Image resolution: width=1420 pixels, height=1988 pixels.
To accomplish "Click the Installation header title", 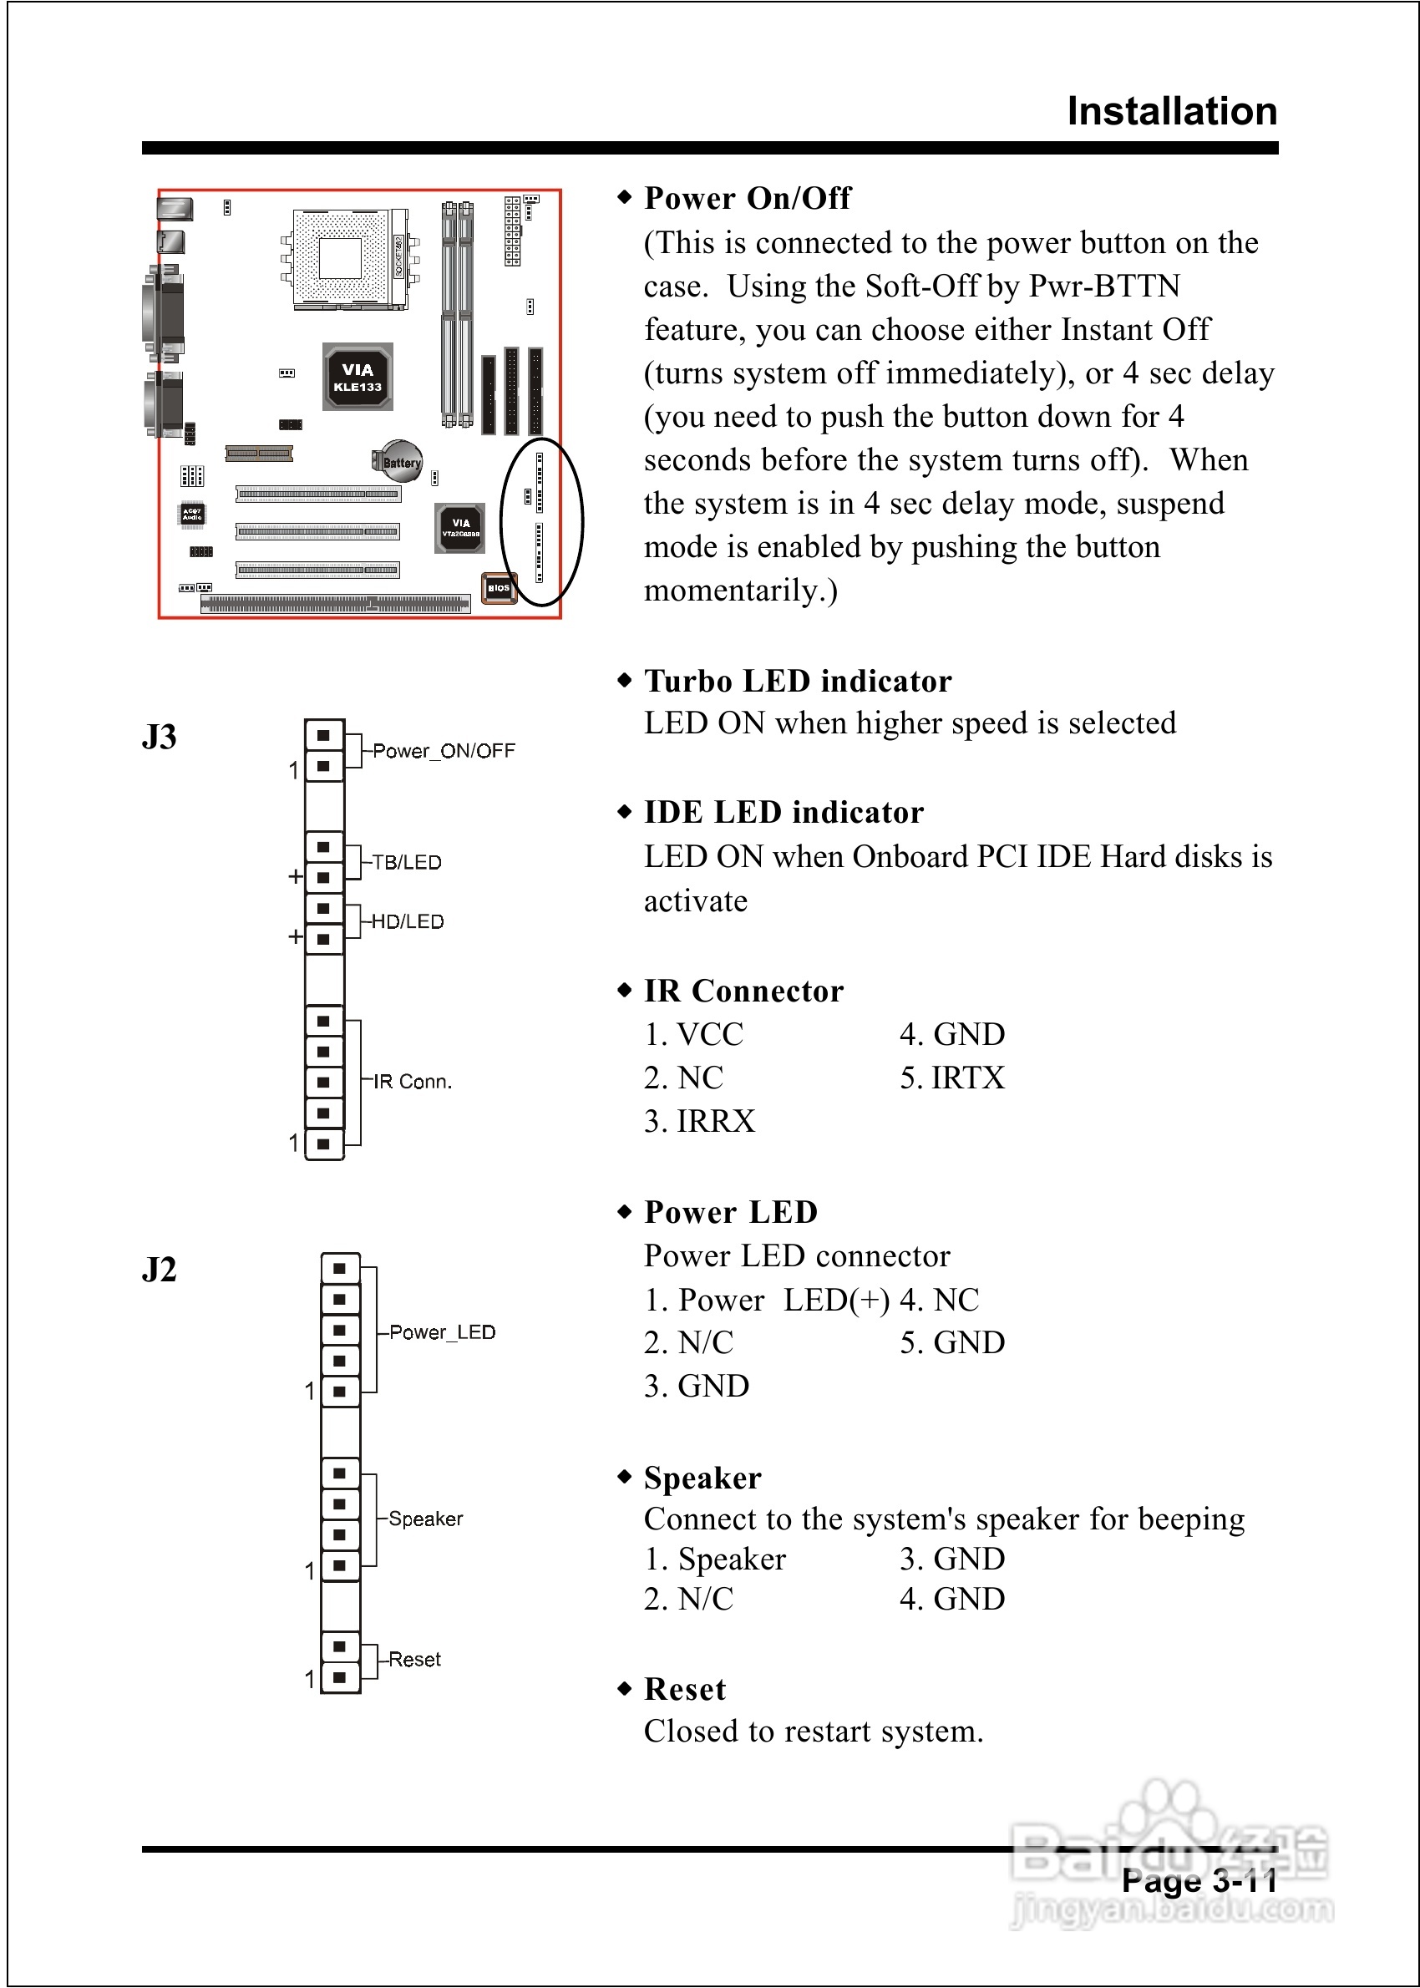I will point(1172,112).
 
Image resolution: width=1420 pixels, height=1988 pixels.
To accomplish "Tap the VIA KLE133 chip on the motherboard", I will point(358,378).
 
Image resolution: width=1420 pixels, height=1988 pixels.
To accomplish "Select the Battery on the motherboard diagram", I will point(400,462).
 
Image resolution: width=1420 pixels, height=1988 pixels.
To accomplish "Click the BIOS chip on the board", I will point(499,588).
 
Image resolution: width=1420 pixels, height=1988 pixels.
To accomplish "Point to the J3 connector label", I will point(160,737).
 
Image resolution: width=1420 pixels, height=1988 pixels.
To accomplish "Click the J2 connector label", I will point(160,1270).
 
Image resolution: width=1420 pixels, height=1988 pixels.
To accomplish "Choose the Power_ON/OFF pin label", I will point(444,751).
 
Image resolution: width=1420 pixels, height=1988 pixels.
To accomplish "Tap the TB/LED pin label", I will point(407,862).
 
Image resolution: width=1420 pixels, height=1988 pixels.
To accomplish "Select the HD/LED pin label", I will point(408,921).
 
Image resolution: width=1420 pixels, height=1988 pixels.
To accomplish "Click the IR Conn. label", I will point(412,1082).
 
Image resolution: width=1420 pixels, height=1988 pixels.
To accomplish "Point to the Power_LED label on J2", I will point(442,1332).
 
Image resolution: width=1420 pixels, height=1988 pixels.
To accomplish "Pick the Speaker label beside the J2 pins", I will point(426,1519).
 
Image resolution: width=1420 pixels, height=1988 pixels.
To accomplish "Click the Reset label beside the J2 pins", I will point(414,1659).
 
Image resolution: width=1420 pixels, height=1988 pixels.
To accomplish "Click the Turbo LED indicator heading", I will point(798,681).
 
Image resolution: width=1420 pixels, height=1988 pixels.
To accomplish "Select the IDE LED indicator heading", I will point(784,812).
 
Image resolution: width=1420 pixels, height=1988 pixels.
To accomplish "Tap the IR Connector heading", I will point(743,991).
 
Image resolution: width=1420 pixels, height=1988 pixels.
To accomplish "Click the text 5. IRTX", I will point(952,1078).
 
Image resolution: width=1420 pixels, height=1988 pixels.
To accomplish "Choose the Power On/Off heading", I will point(747,199).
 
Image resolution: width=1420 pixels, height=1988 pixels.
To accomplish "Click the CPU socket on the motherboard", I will point(342,259).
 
